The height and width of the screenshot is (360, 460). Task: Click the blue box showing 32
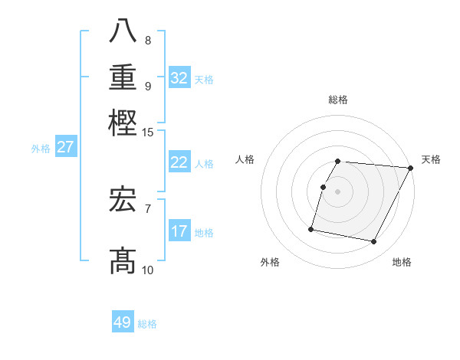179,78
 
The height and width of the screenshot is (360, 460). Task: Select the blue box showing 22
179,162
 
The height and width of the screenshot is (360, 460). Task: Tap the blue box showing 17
179,231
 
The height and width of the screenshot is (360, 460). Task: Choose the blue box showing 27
65,147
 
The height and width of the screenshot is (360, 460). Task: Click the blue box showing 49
123,322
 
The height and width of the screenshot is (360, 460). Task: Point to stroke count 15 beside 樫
147,133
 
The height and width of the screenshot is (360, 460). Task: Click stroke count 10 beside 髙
147,270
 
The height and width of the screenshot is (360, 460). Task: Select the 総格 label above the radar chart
337,100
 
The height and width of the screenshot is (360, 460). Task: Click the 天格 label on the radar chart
431,159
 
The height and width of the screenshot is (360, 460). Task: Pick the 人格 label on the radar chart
245,159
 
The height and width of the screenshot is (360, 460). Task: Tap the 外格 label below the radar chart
270,262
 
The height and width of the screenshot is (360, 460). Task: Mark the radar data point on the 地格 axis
374,242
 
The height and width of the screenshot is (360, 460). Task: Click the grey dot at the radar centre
337,191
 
